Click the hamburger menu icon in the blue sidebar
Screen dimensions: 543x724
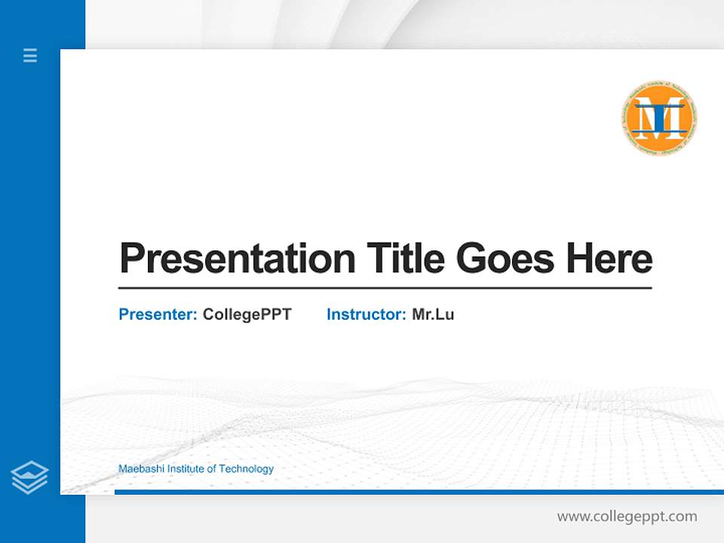pos(30,55)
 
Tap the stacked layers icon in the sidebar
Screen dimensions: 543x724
pos(29,477)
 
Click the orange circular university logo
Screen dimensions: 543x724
pos(658,118)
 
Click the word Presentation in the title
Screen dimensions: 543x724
pos(237,259)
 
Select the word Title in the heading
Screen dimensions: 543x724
pos(405,259)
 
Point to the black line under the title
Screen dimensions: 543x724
pos(385,288)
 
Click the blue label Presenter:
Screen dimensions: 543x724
pos(158,314)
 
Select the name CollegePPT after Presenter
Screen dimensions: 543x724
pos(247,314)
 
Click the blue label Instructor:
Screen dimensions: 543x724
pos(366,314)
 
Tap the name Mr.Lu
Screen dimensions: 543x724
pos(433,314)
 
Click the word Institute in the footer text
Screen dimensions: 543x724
pos(186,469)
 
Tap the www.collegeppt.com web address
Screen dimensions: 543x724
pos(627,517)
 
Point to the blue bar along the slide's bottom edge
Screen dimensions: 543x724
pos(419,492)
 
